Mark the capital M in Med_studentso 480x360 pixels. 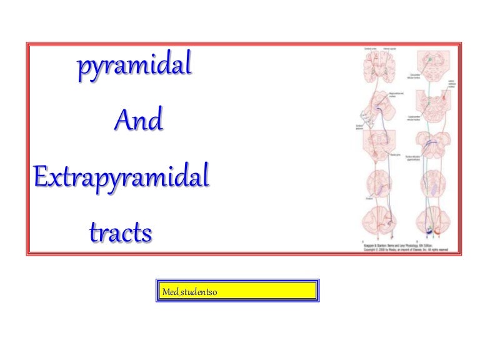pyautogui.click(x=166, y=291)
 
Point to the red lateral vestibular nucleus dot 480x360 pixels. pyautogui.click(x=444, y=97)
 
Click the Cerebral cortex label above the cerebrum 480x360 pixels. pyautogui.click(x=369, y=48)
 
